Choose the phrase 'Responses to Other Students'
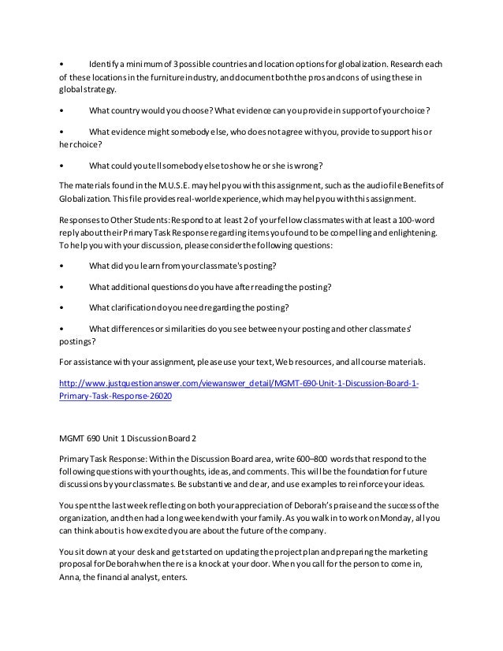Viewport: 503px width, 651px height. tap(114, 217)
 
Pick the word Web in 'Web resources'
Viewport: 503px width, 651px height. tap(289, 362)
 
